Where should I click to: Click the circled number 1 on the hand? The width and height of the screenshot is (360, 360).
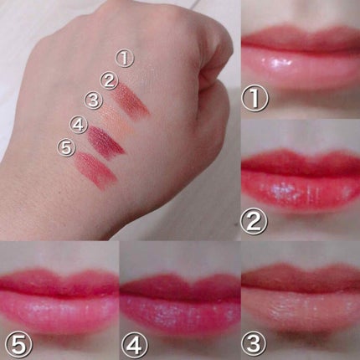coord(123,59)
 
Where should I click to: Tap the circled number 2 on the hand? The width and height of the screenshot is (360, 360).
coord(108,81)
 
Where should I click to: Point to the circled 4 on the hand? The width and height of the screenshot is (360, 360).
coord(78,126)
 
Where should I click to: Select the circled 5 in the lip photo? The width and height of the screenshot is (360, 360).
coord(14,342)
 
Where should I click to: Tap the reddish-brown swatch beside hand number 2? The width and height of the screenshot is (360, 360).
coord(132,98)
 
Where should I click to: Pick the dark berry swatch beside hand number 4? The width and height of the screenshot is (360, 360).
coord(105,140)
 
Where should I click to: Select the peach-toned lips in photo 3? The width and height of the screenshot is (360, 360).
coord(300,297)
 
